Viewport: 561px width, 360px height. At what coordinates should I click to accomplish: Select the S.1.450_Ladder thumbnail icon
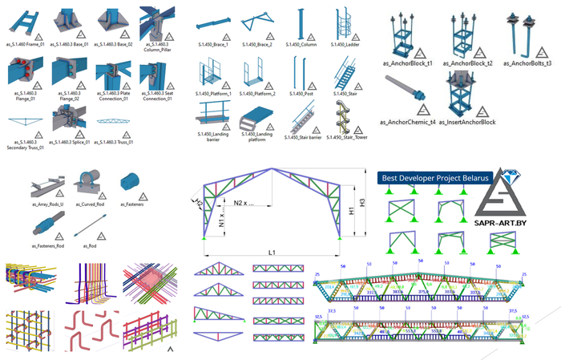(x=341, y=24)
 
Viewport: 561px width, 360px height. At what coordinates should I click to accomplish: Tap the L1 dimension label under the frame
(x=272, y=253)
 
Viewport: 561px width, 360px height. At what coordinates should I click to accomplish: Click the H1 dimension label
(x=351, y=210)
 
